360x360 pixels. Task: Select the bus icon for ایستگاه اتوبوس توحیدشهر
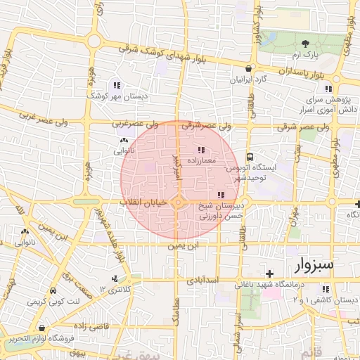tap(250, 157)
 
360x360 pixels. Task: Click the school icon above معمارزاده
tap(202, 149)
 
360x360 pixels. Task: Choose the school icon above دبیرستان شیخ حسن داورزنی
tap(221, 195)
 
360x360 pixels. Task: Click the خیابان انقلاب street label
tap(143, 202)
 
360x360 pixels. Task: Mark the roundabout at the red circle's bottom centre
tap(179, 203)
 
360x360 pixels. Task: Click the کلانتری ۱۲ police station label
tap(116, 288)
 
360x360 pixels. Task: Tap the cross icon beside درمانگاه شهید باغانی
tap(269, 273)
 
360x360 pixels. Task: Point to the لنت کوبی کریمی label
tap(44, 301)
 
